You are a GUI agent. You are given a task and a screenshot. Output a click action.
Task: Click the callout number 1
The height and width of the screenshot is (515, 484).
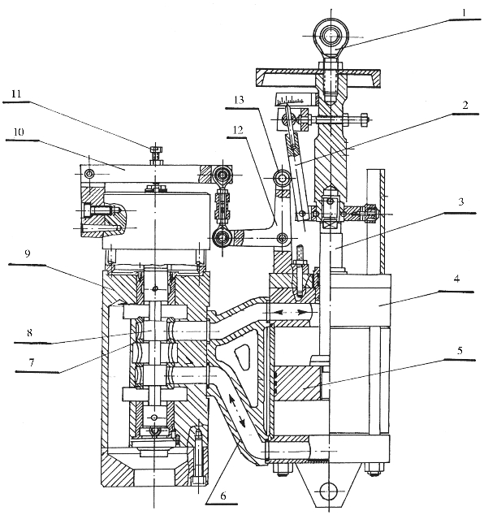click(x=464, y=13)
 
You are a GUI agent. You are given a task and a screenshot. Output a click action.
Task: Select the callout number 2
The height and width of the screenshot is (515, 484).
click(x=465, y=106)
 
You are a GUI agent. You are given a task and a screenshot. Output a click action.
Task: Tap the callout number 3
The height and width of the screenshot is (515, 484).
click(x=461, y=201)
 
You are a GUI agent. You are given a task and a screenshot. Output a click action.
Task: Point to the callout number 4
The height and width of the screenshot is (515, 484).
click(x=456, y=279)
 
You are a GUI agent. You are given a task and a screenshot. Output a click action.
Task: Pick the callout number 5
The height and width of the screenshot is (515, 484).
click(x=460, y=350)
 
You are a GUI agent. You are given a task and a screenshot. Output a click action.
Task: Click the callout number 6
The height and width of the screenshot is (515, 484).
click(x=223, y=496)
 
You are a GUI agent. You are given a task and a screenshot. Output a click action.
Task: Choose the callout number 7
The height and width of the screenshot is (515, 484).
click(x=32, y=362)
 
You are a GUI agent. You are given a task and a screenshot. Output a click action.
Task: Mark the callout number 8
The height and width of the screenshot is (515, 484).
click(x=29, y=333)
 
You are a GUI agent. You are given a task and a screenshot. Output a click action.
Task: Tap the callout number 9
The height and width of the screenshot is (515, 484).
click(x=28, y=253)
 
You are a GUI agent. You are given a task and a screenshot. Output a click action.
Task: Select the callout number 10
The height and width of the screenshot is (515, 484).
click(x=19, y=132)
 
